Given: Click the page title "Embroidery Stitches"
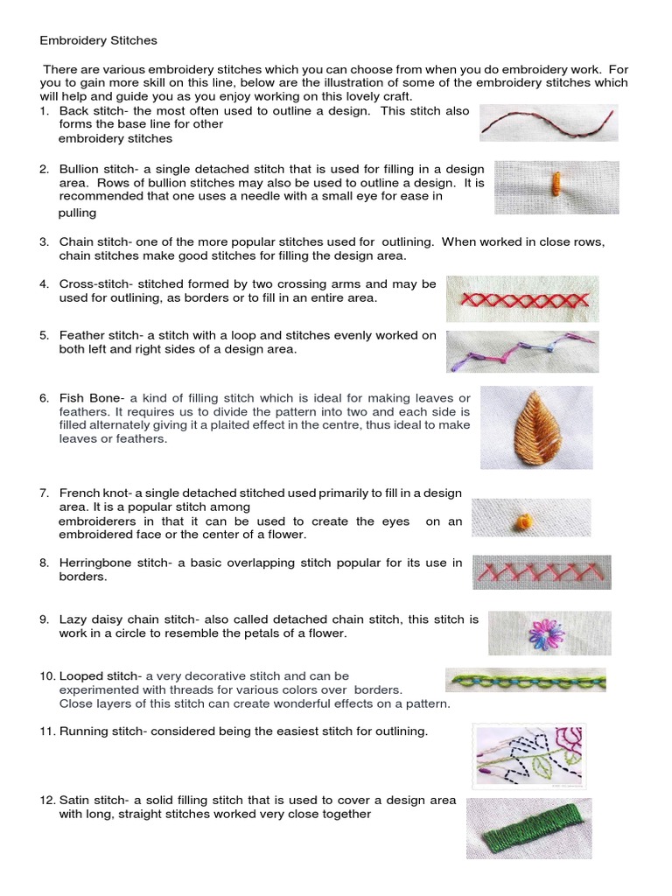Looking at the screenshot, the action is [98, 40].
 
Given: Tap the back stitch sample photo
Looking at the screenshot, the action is [549, 122].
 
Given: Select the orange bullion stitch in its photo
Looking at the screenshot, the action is [555, 184].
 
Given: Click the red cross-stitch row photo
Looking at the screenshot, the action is [523, 299].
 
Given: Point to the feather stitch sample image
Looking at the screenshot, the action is [523, 352].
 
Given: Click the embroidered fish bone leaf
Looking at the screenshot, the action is [536, 426].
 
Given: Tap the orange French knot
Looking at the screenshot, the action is [525, 521].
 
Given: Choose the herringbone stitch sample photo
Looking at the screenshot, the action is [542, 572].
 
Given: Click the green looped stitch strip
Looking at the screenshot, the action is [526, 681].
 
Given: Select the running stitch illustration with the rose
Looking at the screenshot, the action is [529, 757].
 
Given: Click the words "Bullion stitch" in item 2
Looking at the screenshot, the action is [98, 169].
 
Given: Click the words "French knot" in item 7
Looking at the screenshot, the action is [94, 493].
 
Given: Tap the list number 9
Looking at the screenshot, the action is [44, 619].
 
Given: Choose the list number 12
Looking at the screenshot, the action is [47, 800].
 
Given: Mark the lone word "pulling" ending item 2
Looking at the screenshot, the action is [77, 213].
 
